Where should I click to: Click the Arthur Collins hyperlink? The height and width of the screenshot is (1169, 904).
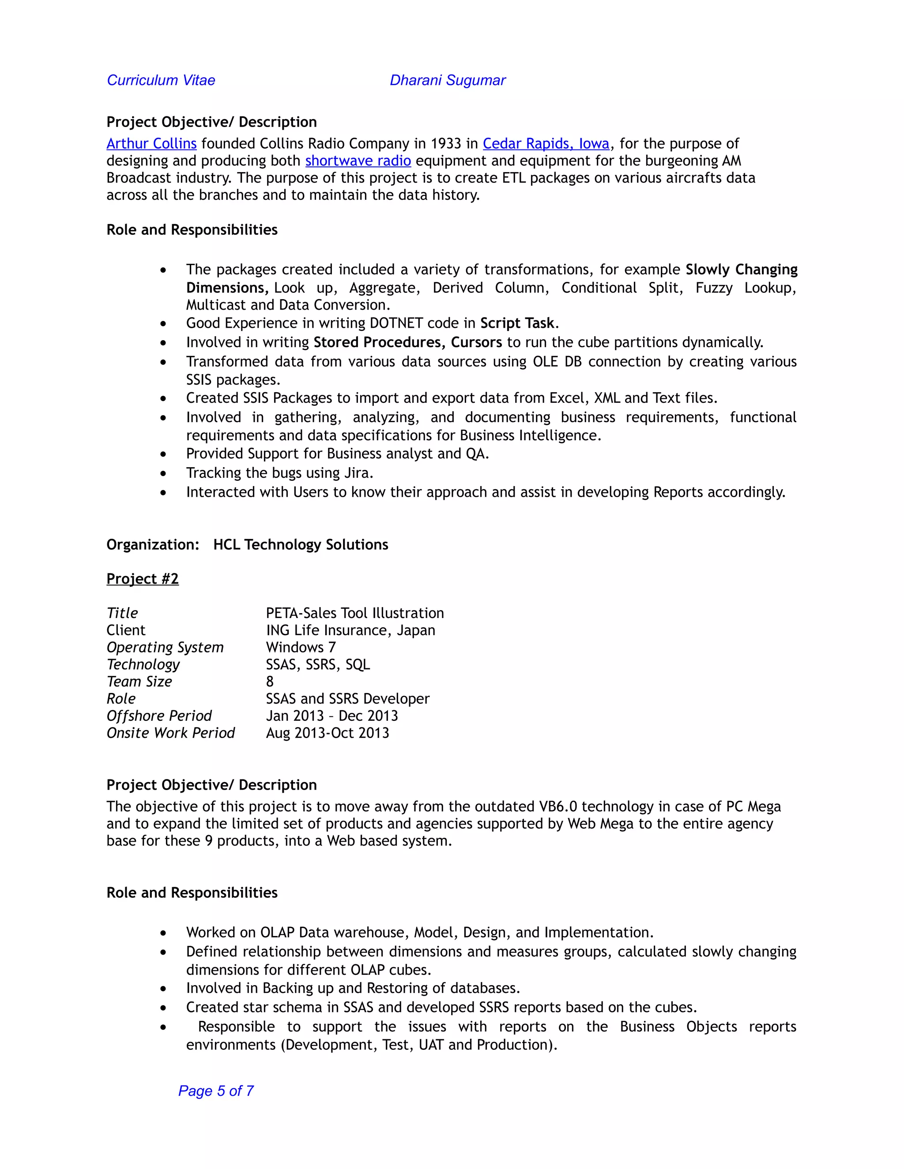151,143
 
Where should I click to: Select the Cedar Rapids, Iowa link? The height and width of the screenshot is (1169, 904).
546,143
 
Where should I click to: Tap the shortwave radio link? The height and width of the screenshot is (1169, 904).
358,161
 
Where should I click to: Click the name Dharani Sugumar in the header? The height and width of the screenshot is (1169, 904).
447,80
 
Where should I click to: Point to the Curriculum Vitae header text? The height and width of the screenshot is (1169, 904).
161,80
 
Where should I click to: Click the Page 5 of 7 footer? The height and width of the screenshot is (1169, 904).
216,1091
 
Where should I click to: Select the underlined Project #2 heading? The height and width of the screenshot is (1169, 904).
143,579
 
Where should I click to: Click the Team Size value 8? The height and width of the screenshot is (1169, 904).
270,682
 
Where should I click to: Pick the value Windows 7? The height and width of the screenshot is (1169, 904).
301,647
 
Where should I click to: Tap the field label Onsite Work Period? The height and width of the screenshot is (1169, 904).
170,733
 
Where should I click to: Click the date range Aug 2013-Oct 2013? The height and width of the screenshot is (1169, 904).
327,733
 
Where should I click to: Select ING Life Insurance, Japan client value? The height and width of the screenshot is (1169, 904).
350,630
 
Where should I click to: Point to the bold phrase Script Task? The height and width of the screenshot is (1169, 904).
517,323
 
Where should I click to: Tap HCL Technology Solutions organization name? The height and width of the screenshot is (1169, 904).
301,544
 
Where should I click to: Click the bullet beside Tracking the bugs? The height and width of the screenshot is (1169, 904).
163,474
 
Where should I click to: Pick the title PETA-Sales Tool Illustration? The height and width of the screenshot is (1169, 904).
354,613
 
